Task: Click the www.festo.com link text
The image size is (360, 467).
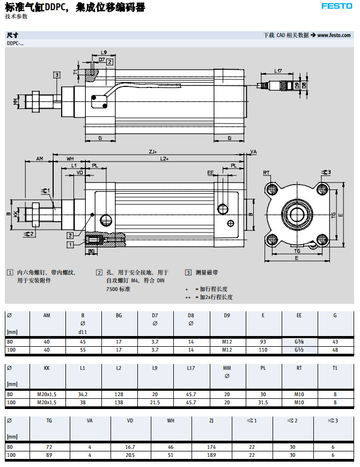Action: coord(334,35)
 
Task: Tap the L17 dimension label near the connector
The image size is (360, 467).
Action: coord(278,71)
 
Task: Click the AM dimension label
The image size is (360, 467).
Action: coord(40,159)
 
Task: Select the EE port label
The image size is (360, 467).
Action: coord(210,173)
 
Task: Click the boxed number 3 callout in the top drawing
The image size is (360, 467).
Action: coord(56,75)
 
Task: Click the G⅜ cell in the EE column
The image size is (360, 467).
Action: coord(299,341)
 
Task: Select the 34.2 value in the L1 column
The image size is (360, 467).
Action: coord(82,394)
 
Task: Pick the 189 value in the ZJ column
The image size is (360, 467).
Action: coord(211,455)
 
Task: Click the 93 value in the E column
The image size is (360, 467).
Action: coord(263,341)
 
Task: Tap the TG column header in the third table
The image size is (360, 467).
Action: coord(50,421)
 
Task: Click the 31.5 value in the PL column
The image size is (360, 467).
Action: coord(263,403)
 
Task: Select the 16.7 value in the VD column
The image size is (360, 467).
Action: coord(130,447)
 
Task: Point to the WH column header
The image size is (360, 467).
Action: coord(171,421)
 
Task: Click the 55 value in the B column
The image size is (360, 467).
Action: coord(83,350)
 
